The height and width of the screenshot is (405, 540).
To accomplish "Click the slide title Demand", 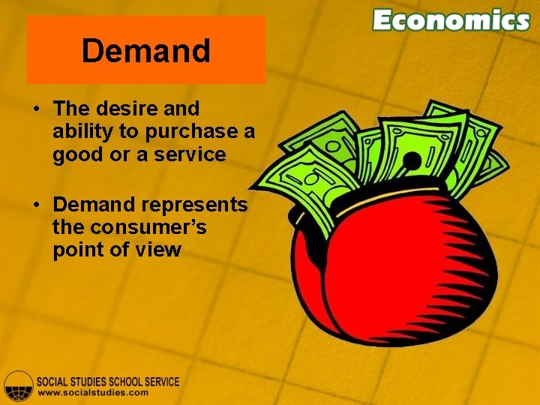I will click(x=146, y=51).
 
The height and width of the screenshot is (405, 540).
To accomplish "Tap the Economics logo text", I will click(x=451, y=20).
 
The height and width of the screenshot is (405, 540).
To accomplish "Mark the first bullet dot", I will click(x=36, y=110).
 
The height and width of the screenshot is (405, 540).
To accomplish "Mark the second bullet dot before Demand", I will click(x=36, y=205).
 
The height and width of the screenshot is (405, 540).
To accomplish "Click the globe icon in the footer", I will click(x=18, y=385).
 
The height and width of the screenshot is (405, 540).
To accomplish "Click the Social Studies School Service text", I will click(x=108, y=381).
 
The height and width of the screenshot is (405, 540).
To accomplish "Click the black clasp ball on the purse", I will click(x=412, y=160).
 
